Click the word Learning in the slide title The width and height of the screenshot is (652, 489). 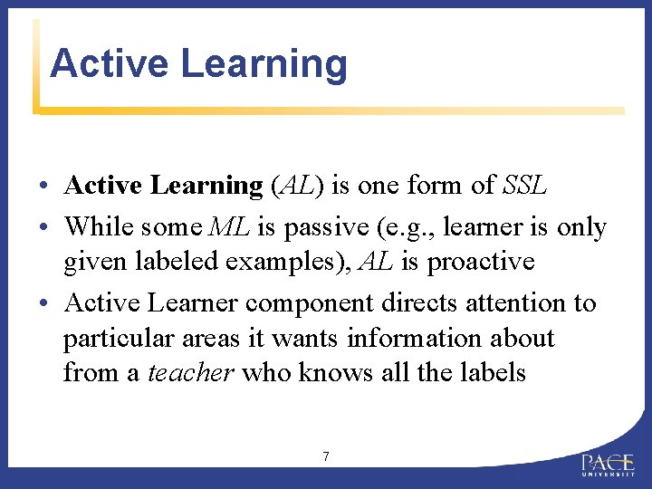coord(264,64)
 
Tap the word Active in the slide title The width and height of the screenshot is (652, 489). coord(109,64)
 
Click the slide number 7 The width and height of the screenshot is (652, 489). coord(326,456)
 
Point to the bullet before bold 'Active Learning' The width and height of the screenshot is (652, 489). coord(43,187)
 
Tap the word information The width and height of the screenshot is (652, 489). coord(401,338)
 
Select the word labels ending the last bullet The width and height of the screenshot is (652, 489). coord(490,372)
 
